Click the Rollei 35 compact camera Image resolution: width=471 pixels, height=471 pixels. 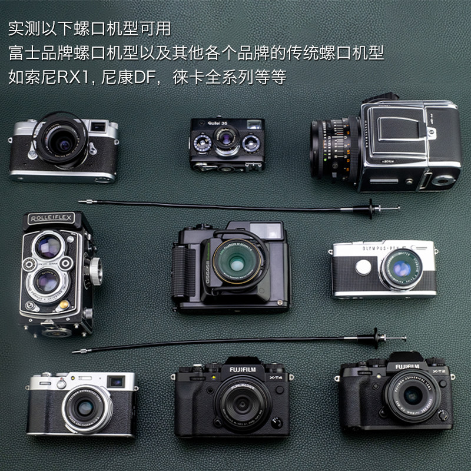coord(227,145)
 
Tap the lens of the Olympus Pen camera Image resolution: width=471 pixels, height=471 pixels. coord(403,270)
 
